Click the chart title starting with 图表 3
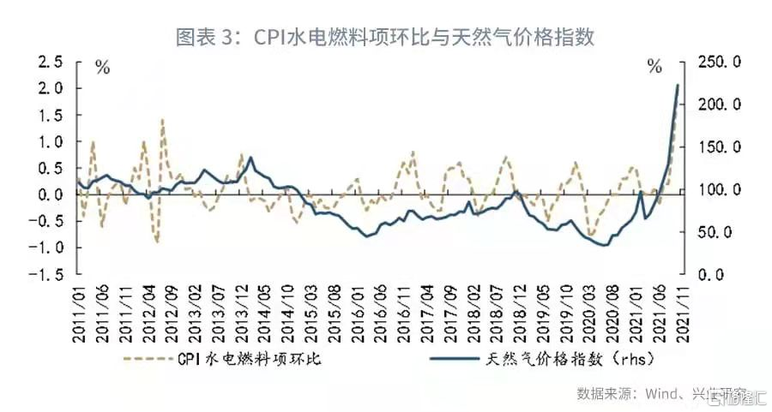[385, 38]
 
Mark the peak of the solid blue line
[678, 85]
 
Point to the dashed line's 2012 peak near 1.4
[162, 121]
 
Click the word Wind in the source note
[654, 393]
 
